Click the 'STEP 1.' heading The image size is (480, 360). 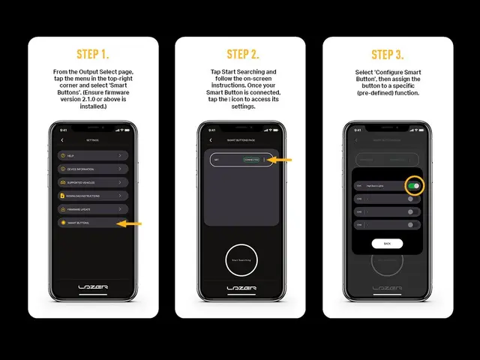pyautogui.click(x=93, y=54)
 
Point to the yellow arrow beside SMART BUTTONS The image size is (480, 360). pyautogui.click(x=132, y=223)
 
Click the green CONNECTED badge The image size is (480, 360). pyautogui.click(x=251, y=160)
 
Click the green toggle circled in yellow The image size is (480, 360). pyautogui.click(x=413, y=184)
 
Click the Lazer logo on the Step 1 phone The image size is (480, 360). pyautogui.click(x=93, y=288)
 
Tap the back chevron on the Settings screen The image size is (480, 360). pyautogui.click(x=62, y=139)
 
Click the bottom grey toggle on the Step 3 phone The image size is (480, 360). pyautogui.click(x=410, y=224)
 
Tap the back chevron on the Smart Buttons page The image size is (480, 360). pyautogui.click(x=211, y=139)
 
